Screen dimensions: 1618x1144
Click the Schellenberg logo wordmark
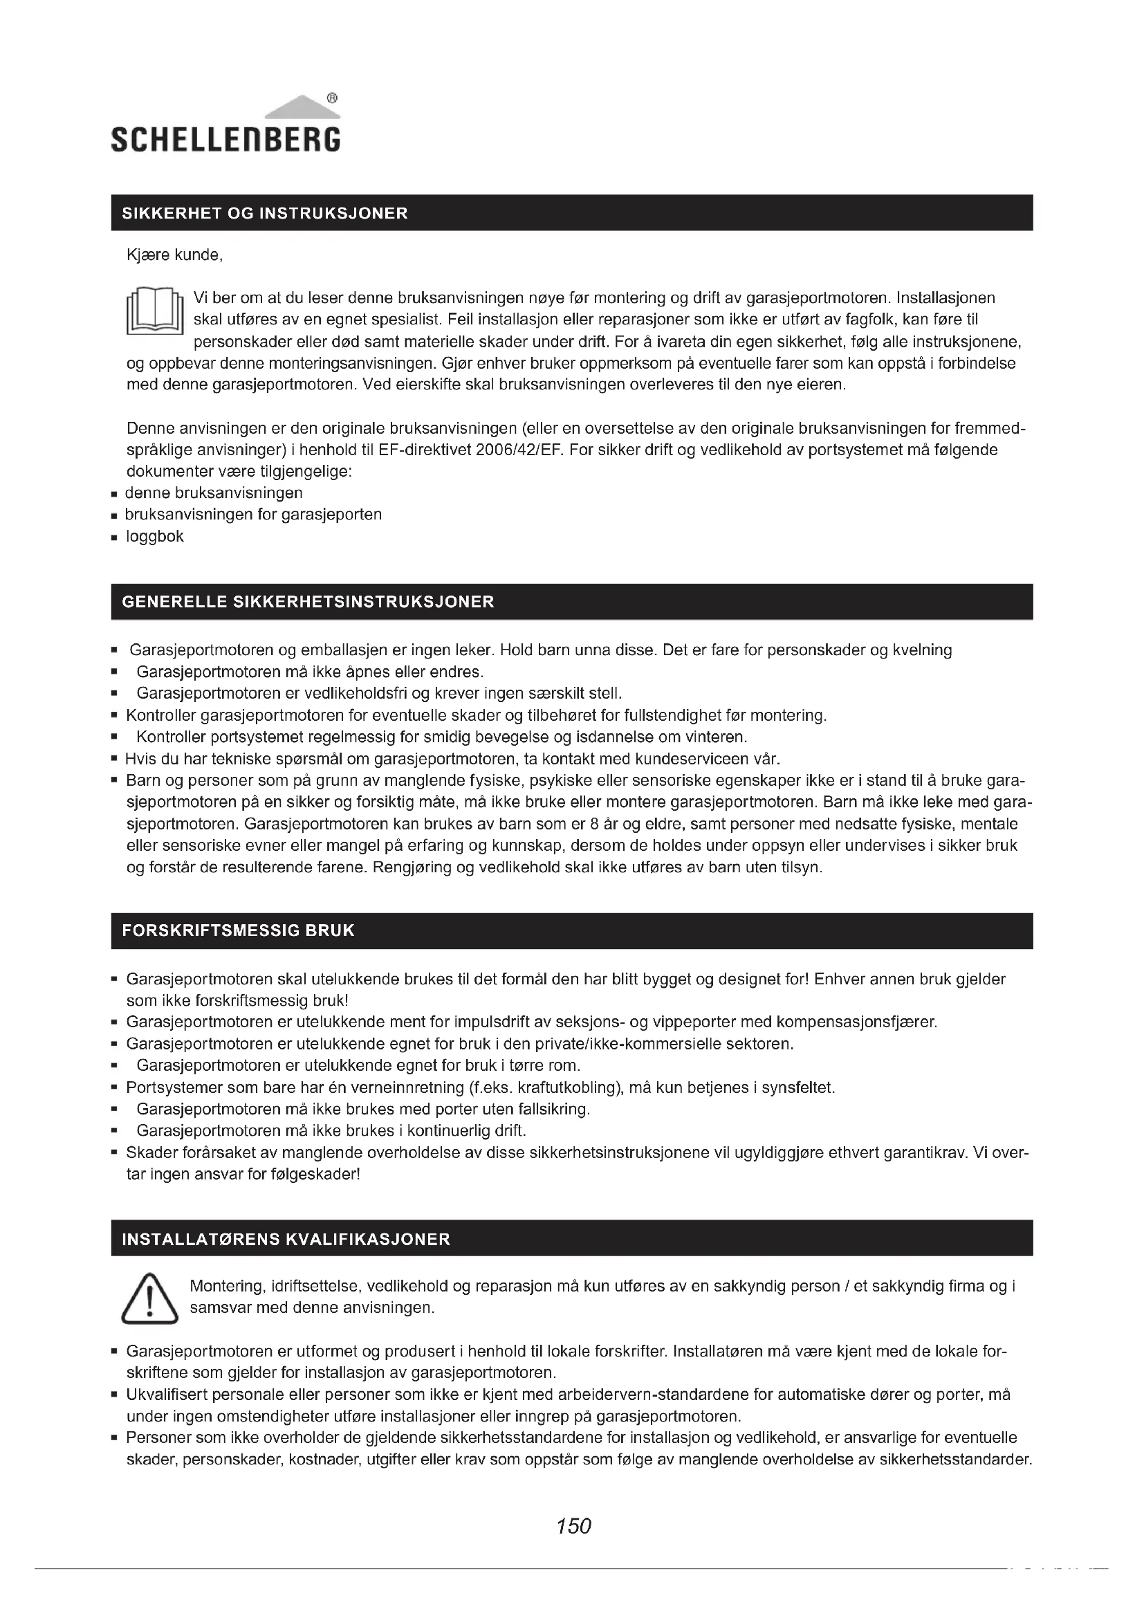(x=225, y=139)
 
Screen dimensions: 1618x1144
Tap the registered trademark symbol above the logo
(x=333, y=99)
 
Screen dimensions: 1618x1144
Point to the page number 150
(x=573, y=1526)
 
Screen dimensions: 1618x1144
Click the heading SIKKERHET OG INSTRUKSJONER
(x=265, y=214)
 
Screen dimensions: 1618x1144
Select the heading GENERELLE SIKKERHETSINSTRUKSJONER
(x=308, y=602)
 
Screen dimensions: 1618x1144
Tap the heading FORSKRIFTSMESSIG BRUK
(x=238, y=930)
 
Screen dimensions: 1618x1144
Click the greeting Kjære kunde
(x=175, y=255)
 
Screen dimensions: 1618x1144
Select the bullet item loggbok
(x=155, y=536)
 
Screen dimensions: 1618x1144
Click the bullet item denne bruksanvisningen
(x=214, y=493)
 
